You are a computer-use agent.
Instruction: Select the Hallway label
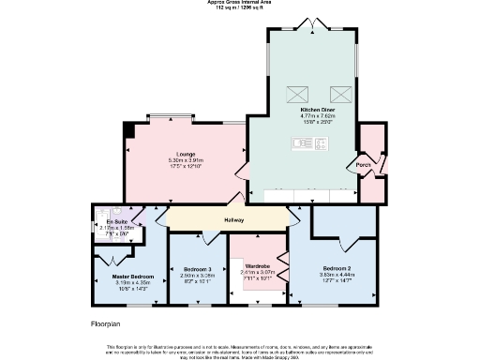click(x=233, y=220)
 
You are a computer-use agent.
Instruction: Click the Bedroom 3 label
click(x=196, y=270)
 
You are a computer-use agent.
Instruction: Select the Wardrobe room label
click(x=258, y=266)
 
